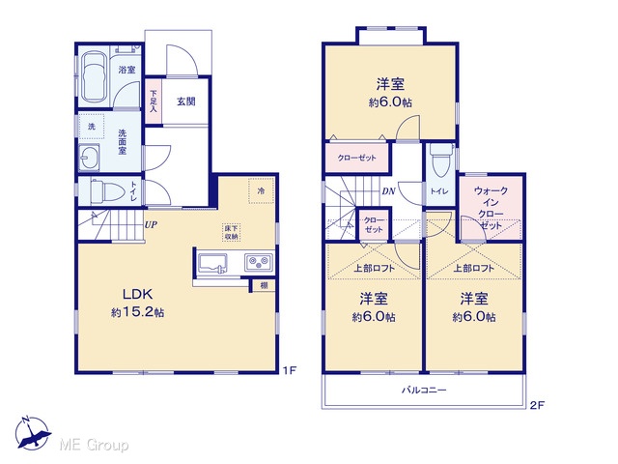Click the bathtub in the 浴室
click(95, 76)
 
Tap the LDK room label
click(137, 294)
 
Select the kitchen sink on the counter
click(212, 264)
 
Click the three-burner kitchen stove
click(259, 262)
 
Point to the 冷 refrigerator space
click(261, 191)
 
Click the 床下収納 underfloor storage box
click(232, 232)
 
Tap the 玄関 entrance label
click(185, 101)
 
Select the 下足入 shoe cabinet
click(154, 101)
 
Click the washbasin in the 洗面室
click(89, 158)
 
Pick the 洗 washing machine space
click(92, 127)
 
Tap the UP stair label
click(151, 225)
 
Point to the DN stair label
click(388, 191)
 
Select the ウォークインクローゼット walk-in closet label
click(491, 208)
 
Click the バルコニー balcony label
click(424, 391)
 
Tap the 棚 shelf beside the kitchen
click(264, 285)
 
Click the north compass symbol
click(34, 433)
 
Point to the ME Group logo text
click(94, 446)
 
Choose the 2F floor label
click(537, 405)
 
